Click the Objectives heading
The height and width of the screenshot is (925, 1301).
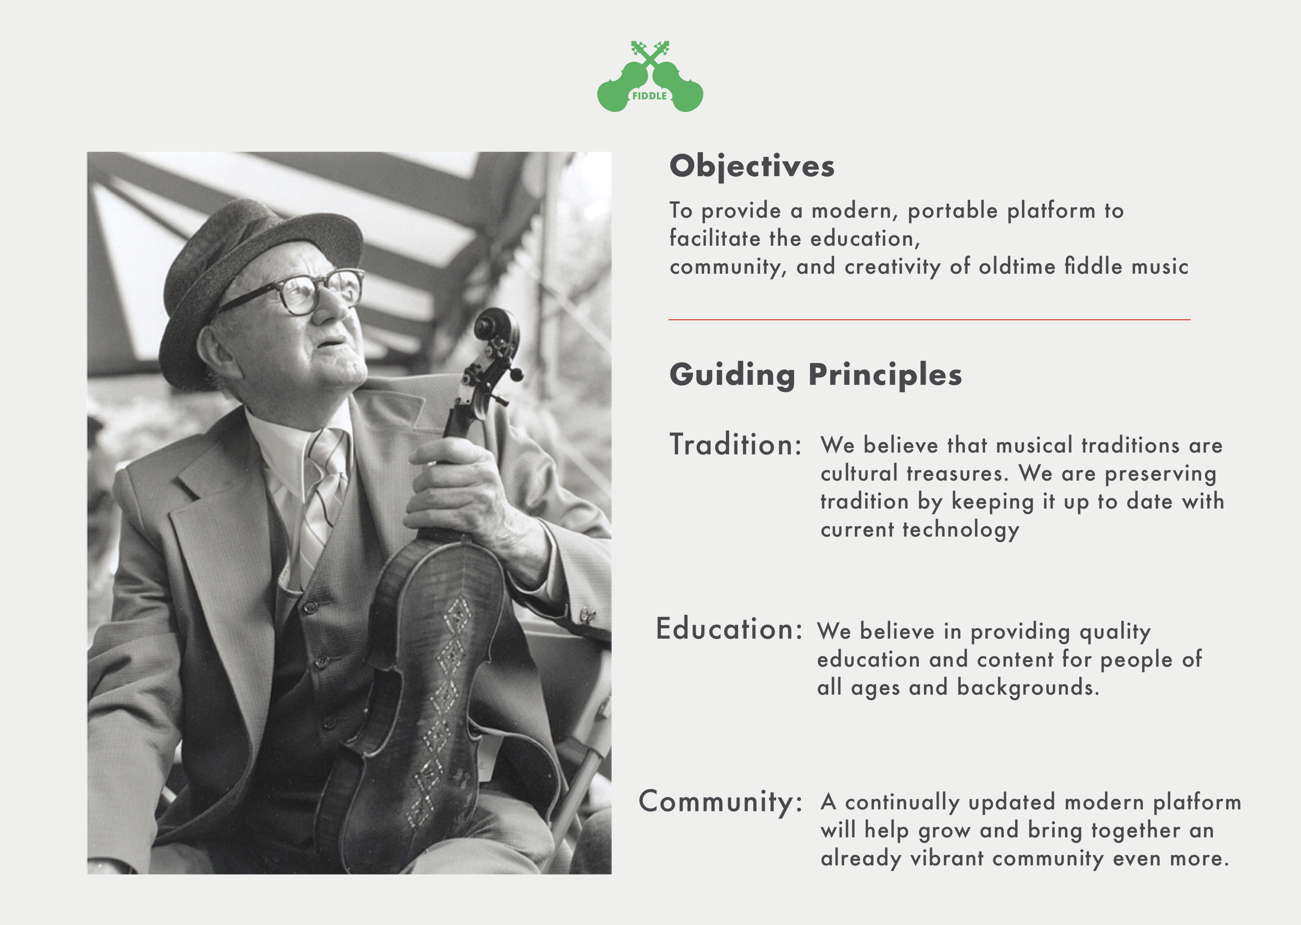pos(751,166)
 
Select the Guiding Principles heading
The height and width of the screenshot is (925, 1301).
pos(815,375)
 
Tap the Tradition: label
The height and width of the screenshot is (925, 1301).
pos(735,445)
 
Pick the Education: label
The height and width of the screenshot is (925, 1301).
pos(729,629)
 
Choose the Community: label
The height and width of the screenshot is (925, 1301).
pos(720,801)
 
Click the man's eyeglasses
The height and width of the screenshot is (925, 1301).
pos(302,293)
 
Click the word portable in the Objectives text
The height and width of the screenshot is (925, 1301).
pos(952,211)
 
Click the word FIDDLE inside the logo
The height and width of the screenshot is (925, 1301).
pos(649,96)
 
